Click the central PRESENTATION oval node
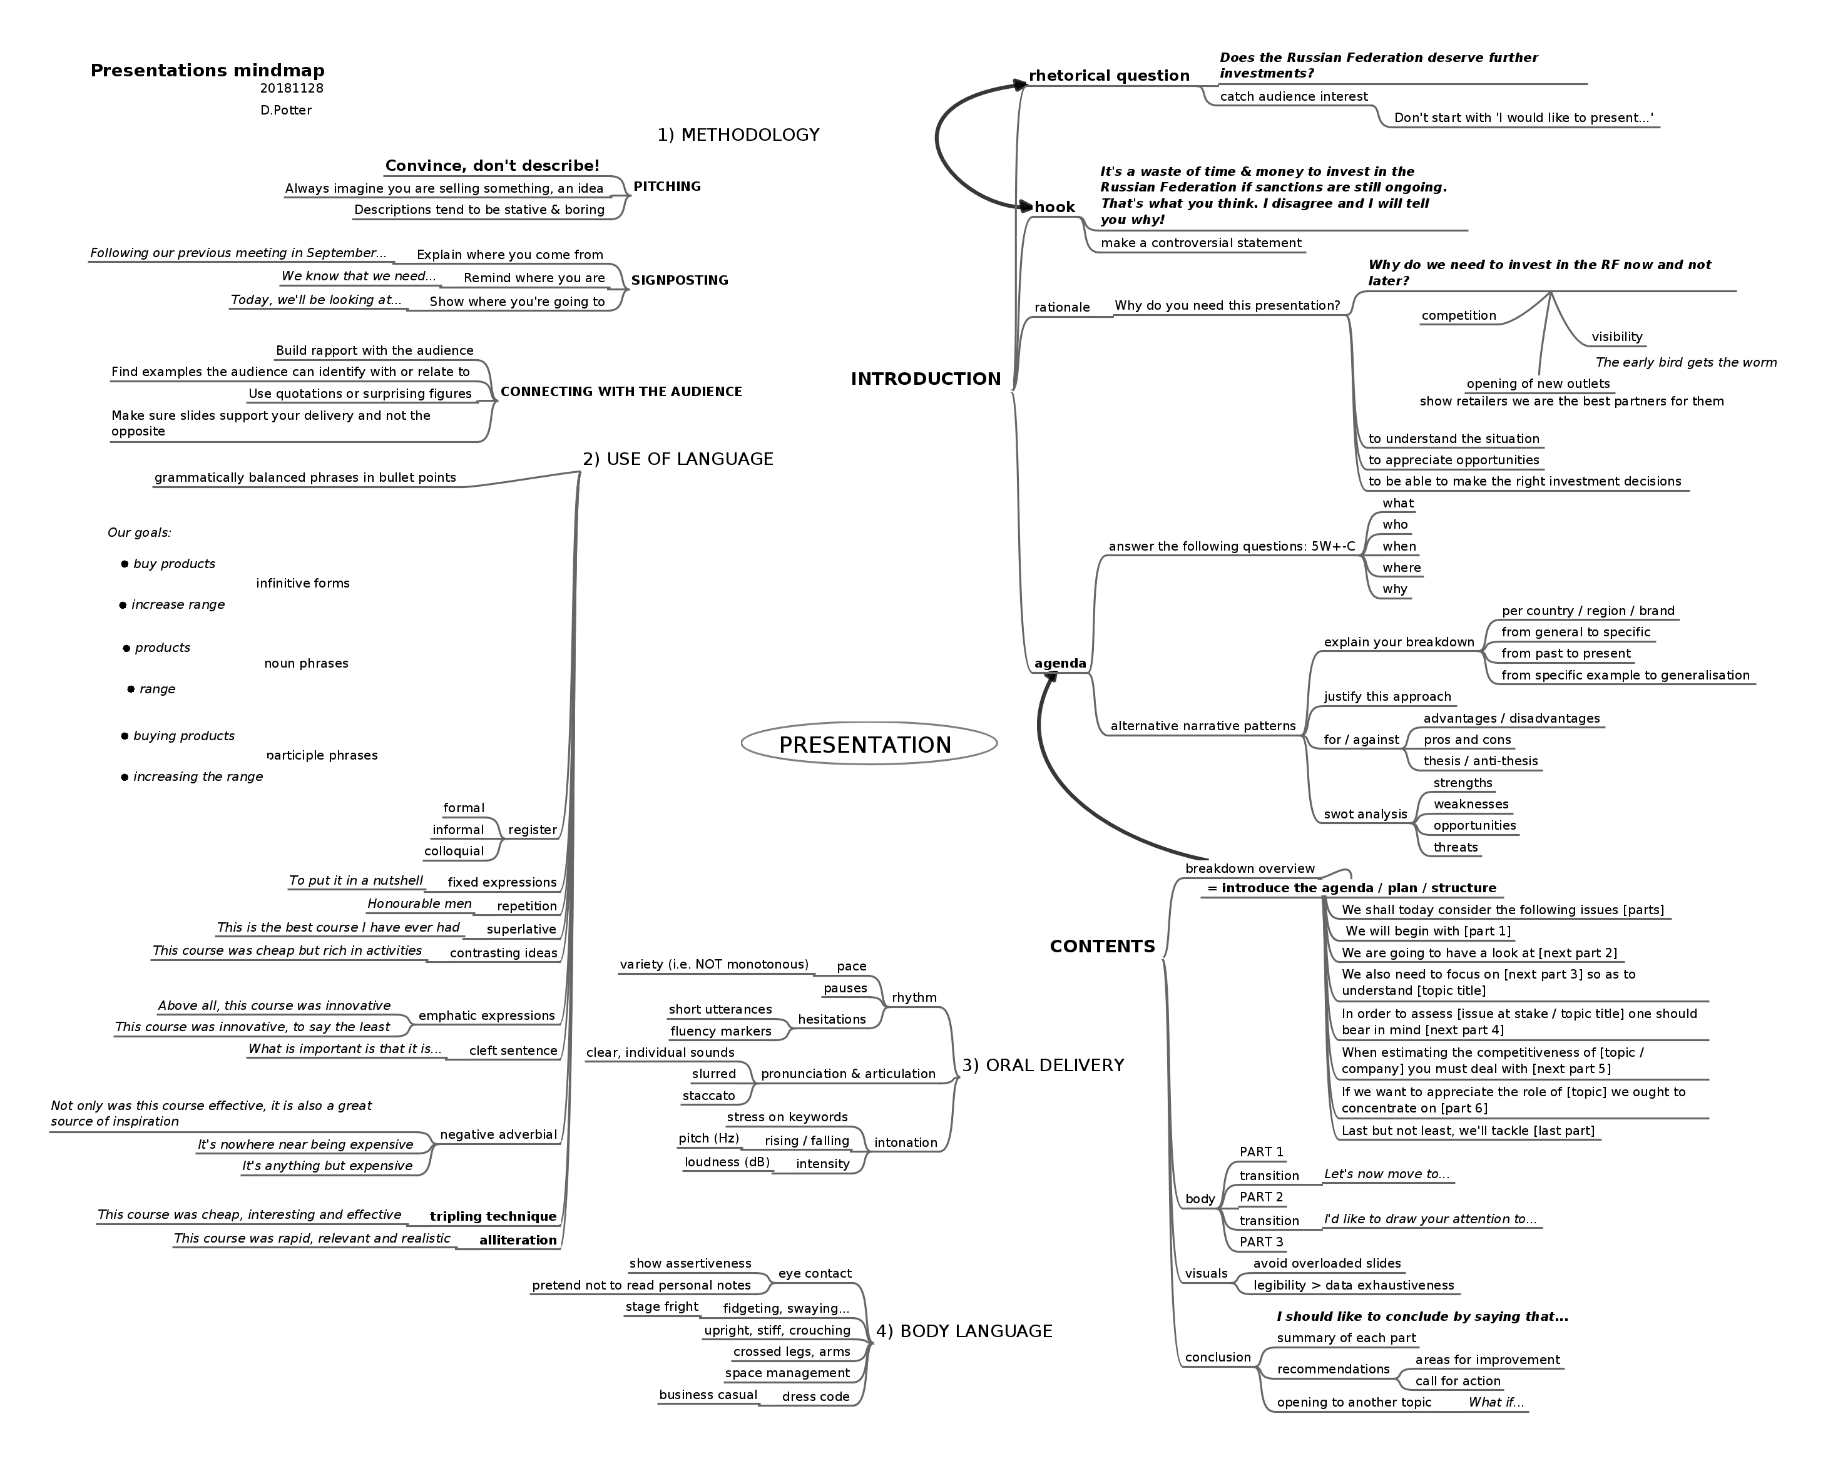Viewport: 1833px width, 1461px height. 868,745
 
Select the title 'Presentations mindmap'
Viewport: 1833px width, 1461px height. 207,71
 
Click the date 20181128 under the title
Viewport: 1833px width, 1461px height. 292,88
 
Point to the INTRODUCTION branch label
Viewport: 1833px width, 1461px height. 925,379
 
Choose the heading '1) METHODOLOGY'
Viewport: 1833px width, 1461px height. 738,135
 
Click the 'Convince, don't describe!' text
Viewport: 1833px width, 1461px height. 493,166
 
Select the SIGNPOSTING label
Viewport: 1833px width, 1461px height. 679,280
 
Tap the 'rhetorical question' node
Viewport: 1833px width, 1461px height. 1109,76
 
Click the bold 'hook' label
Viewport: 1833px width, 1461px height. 1054,207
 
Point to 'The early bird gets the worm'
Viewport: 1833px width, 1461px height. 1686,363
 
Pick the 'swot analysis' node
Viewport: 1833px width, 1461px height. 1364,814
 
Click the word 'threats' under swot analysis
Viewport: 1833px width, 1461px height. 1456,847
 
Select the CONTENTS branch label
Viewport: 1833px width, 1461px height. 1102,947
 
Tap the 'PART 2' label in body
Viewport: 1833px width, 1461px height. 1261,1198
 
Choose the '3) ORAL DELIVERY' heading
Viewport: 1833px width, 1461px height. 1043,1066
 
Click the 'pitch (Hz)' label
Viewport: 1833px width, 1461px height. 708,1139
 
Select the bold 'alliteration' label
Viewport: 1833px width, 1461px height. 518,1241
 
